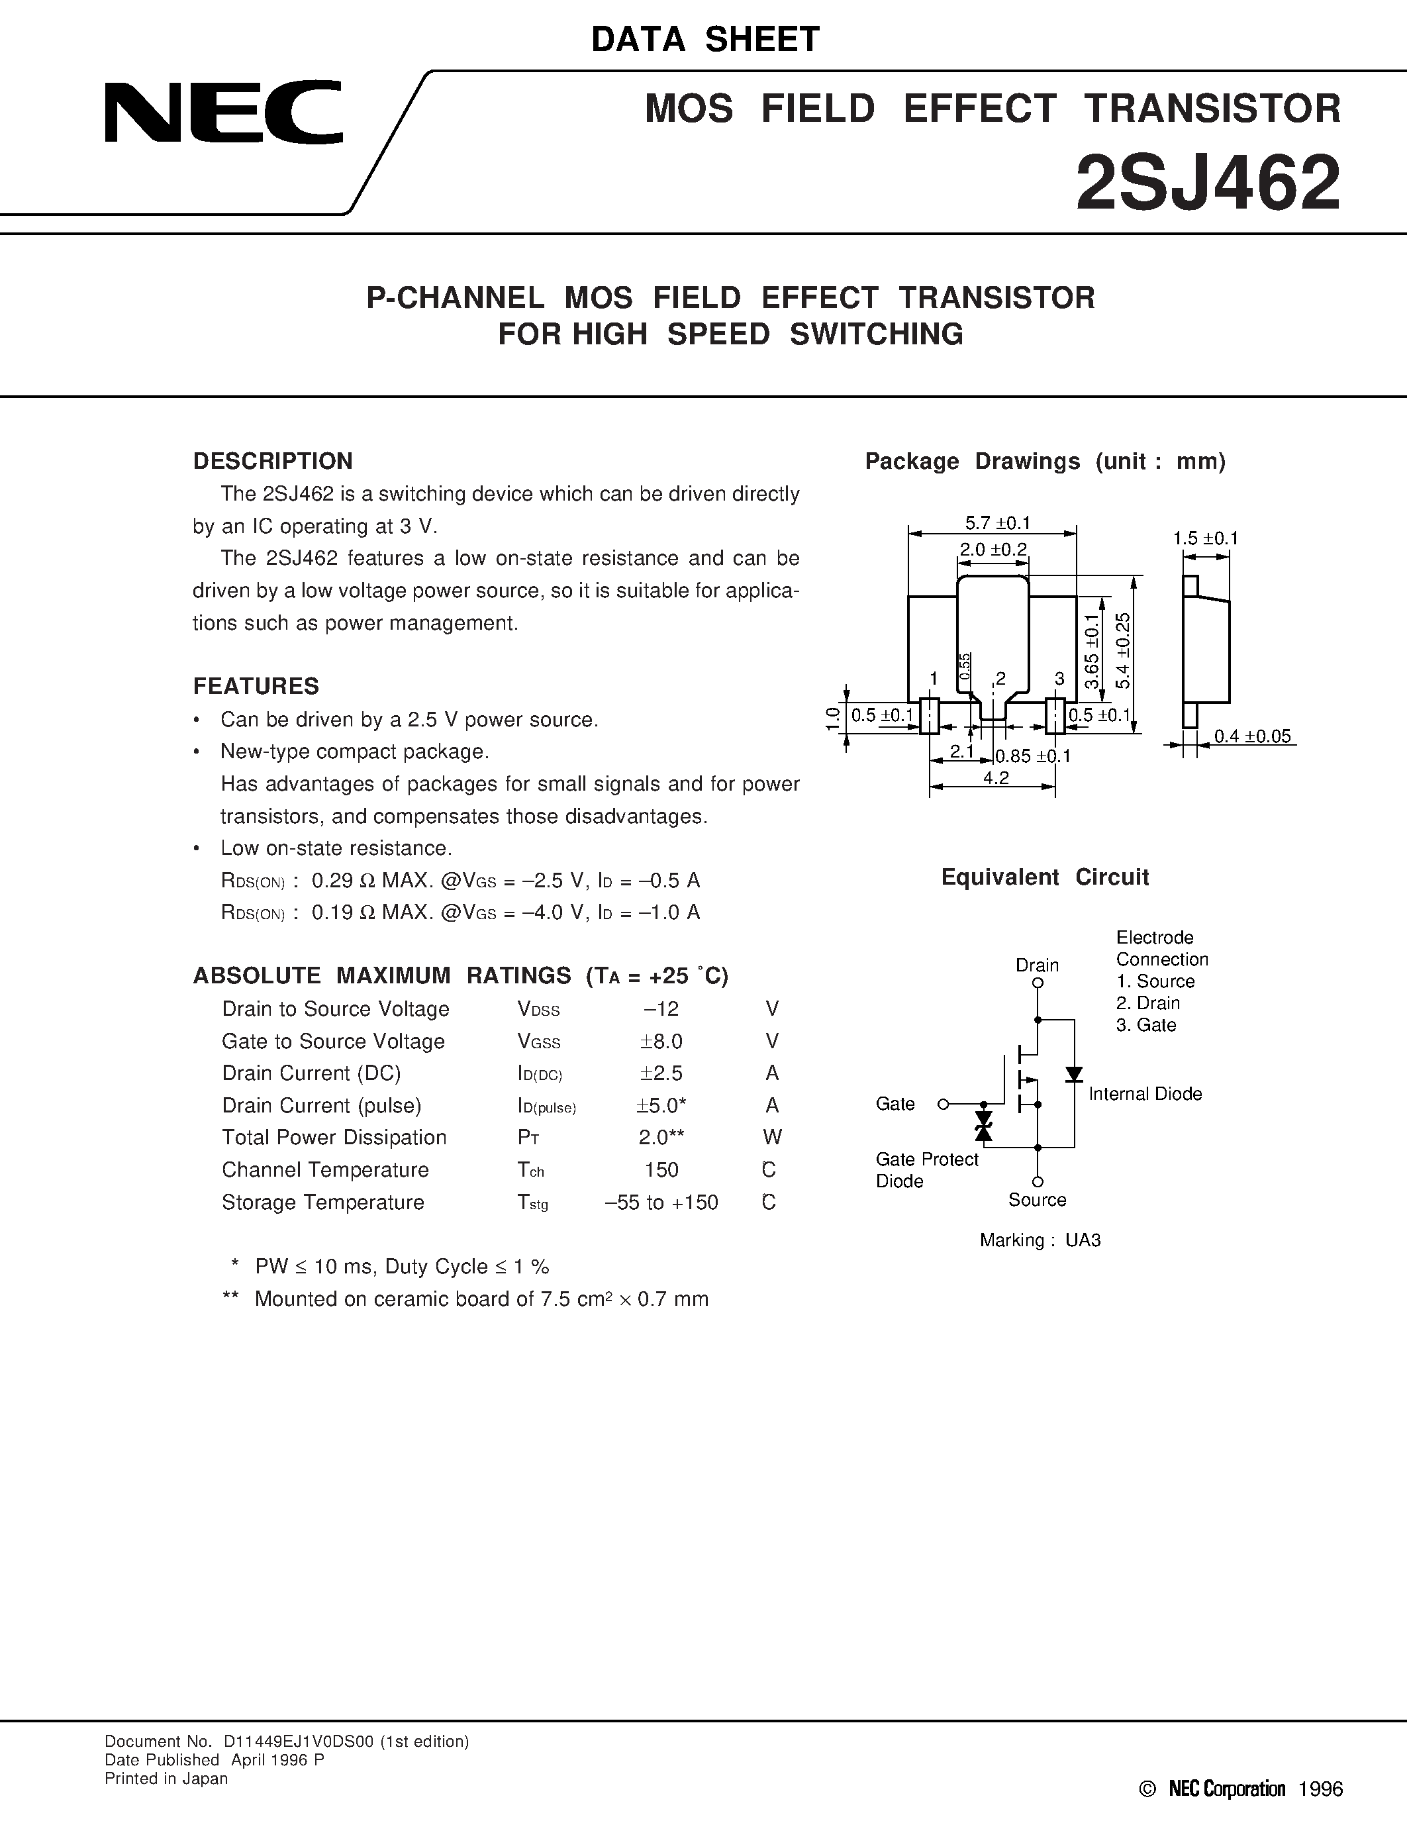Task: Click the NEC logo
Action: click(x=223, y=112)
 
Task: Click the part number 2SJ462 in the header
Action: click(x=1208, y=184)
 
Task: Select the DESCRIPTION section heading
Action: click(x=273, y=461)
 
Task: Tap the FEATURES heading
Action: click(x=256, y=686)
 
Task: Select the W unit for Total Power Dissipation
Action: click(x=772, y=1137)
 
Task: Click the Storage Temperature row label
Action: click(x=322, y=1203)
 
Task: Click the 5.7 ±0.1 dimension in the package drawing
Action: click(x=998, y=522)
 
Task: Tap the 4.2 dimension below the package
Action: click(x=996, y=777)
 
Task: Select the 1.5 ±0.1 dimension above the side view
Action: click(x=1205, y=538)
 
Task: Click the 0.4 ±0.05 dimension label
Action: click(x=1252, y=736)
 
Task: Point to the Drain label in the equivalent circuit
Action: click(x=1037, y=965)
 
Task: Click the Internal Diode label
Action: click(x=1145, y=1094)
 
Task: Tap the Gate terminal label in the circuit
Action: click(x=895, y=1104)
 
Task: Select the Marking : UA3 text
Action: click(x=1040, y=1240)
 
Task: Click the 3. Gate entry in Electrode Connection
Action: click(x=1146, y=1026)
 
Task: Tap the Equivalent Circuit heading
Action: click(x=1044, y=877)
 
